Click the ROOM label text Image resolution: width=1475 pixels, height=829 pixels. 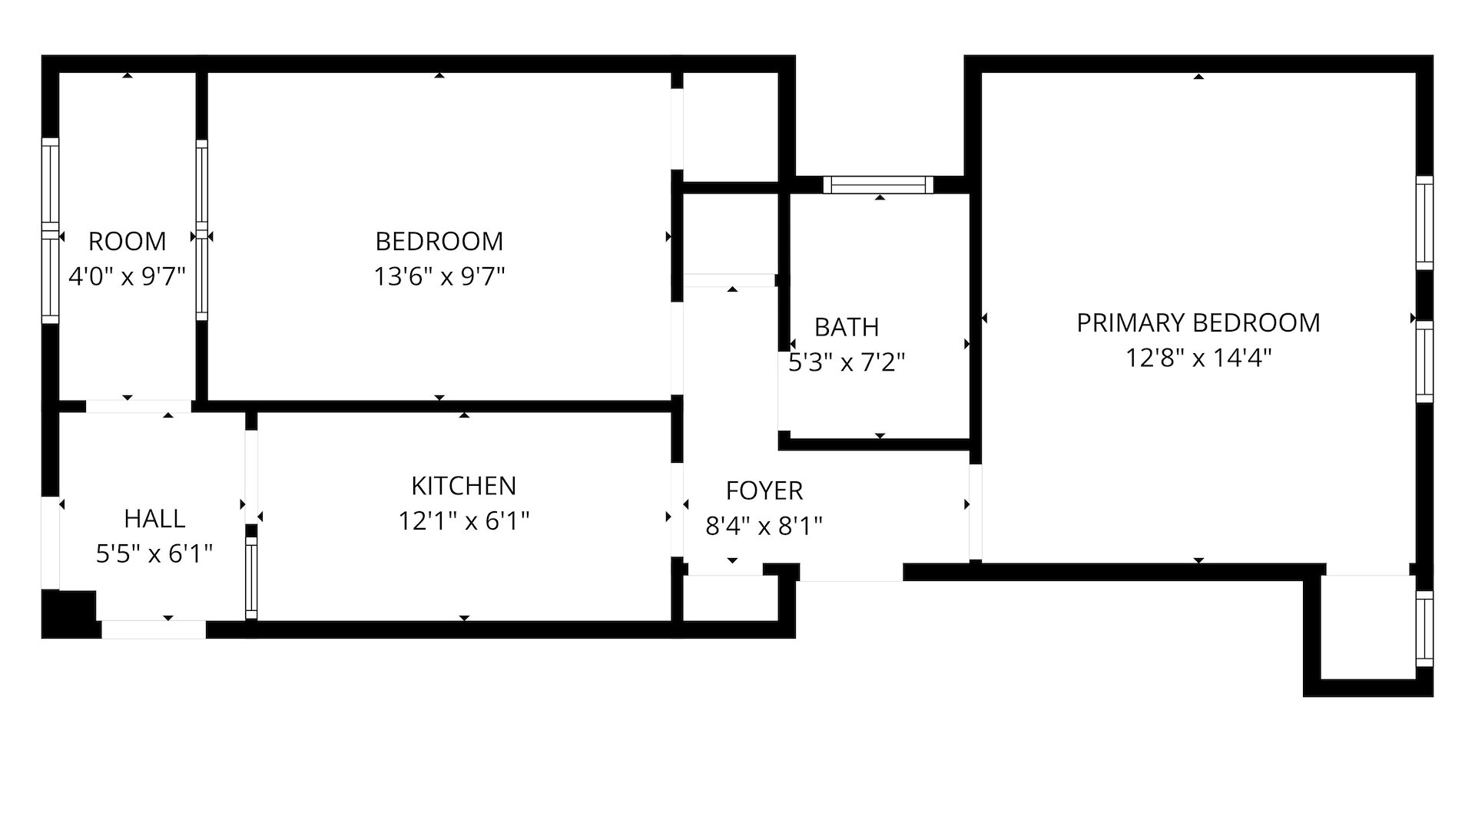[127, 242]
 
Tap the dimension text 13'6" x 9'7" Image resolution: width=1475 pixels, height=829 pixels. [439, 276]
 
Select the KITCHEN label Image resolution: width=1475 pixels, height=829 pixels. [463, 486]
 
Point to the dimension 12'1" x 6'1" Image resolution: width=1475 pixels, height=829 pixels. [463, 521]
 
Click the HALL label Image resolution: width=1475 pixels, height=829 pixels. [154, 519]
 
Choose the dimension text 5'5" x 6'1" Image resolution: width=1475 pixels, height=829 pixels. [154, 553]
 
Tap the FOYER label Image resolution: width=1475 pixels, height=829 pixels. [764, 490]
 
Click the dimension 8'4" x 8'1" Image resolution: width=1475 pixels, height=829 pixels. [764, 526]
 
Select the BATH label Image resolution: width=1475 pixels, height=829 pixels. [847, 328]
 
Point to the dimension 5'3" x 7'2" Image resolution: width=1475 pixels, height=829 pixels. [847, 362]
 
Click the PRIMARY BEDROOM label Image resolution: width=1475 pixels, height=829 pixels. [1198, 323]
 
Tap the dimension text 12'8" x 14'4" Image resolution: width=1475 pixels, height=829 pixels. [1198, 358]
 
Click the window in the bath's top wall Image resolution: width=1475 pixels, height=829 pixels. [878, 184]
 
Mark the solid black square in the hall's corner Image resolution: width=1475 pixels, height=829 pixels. [69, 613]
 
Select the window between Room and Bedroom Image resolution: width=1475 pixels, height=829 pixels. [201, 230]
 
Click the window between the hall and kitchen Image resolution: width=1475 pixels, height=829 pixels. [251, 577]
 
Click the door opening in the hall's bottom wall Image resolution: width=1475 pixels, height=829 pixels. [154, 629]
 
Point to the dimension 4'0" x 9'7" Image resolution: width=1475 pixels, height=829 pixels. [127, 276]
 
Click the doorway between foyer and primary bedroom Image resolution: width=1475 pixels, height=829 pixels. [975, 512]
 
